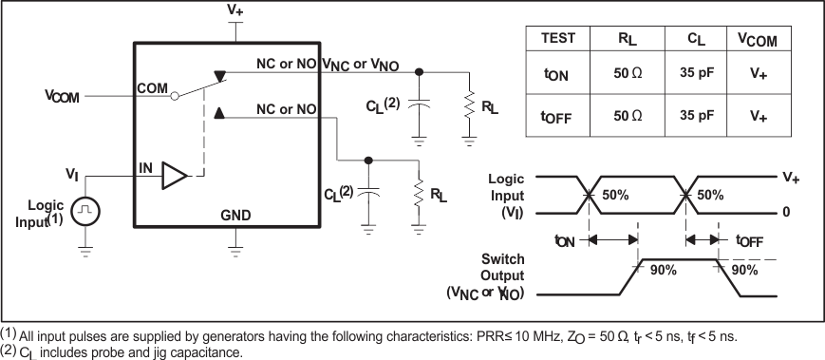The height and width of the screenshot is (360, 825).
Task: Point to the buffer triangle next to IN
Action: pos(175,176)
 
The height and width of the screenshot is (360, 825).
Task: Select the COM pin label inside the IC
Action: pos(152,88)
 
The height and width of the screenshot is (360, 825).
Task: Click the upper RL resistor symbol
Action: pos(469,103)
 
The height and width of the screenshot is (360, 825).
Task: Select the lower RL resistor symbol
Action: pos(418,193)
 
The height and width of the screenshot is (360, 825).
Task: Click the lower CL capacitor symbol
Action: pos(368,193)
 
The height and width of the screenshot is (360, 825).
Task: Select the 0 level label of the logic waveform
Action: pos(786,213)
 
